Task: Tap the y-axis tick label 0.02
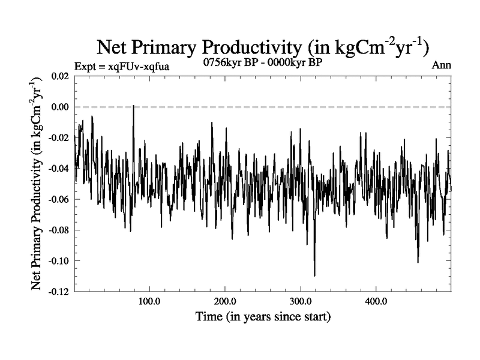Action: point(58,76)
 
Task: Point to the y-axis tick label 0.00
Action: point(58,107)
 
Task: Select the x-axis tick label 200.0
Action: point(224,301)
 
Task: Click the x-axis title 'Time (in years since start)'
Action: point(263,316)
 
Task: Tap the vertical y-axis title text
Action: point(37,184)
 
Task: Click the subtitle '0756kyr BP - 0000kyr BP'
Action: point(263,63)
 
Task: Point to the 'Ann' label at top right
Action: point(441,65)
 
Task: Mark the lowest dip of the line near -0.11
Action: point(314,275)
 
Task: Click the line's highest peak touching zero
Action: point(133,106)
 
